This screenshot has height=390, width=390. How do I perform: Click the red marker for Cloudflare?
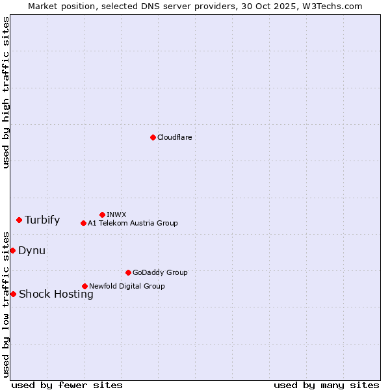pyautogui.click(x=153, y=137)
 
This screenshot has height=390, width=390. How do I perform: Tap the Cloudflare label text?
pyautogui.click(x=174, y=137)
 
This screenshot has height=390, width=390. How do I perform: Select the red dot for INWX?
pyautogui.click(x=102, y=214)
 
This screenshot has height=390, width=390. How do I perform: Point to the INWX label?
pyautogui.click(x=116, y=214)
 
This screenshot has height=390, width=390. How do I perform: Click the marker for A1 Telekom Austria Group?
pyautogui.click(x=83, y=223)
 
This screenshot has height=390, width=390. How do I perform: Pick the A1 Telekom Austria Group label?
pyautogui.click(x=133, y=223)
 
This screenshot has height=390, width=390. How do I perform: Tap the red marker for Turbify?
pyautogui.click(x=19, y=220)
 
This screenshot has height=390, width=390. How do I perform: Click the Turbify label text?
pyautogui.click(x=42, y=220)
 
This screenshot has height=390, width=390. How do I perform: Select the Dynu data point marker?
pyautogui.click(x=12, y=250)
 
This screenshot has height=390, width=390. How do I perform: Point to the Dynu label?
pyautogui.click(x=32, y=250)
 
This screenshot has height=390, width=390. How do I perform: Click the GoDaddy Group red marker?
pyautogui.click(x=128, y=272)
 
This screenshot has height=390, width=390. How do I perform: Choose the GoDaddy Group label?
pyautogui.click(x=160, y=272)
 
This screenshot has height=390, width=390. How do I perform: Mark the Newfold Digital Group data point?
pyautogui.click(x=84, y=286)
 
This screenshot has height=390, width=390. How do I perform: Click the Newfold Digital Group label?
pyautogui.click(x=127, y=286)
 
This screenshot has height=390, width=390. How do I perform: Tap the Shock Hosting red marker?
pyautogui.click(x=13, y=294)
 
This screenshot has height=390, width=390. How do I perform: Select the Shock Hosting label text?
pyautogui.click(x=56, y=294)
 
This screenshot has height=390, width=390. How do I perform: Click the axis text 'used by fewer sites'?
pyautogui.click(x=67, y=385)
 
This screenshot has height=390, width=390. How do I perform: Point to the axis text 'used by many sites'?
pyautogui.click(x=326, y=385)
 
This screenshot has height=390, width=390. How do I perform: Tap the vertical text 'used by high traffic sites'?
pyautogui.click(x=6, y=92)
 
